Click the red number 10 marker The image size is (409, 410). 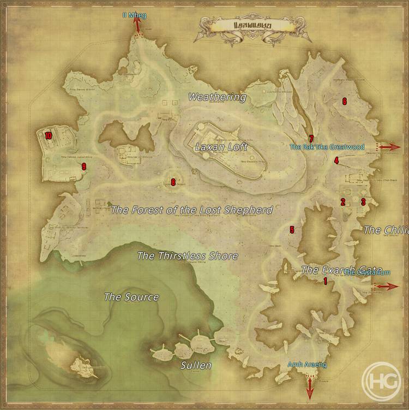click(48, 136)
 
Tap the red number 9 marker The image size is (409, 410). click(83, 167)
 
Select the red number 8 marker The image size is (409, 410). click(173, 182)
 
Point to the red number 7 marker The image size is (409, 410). click(311, 139)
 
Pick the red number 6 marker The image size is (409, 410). click(344, 101)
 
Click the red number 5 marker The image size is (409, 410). click(292, 230)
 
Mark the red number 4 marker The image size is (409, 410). click(336, 161)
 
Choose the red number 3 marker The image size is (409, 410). click(363, 201)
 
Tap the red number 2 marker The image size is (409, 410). click(343, 201)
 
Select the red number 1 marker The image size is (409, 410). click(325, 282)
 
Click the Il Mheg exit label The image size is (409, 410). click(134, 16)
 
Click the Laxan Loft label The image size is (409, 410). click(221, 147)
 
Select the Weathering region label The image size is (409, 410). click(217, 97)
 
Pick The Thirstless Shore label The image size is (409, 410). click(187, 255)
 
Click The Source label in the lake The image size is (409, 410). click(131, 297)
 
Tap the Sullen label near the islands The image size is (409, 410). click(196, 365)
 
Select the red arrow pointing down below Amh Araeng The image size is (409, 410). click(309, 390)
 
